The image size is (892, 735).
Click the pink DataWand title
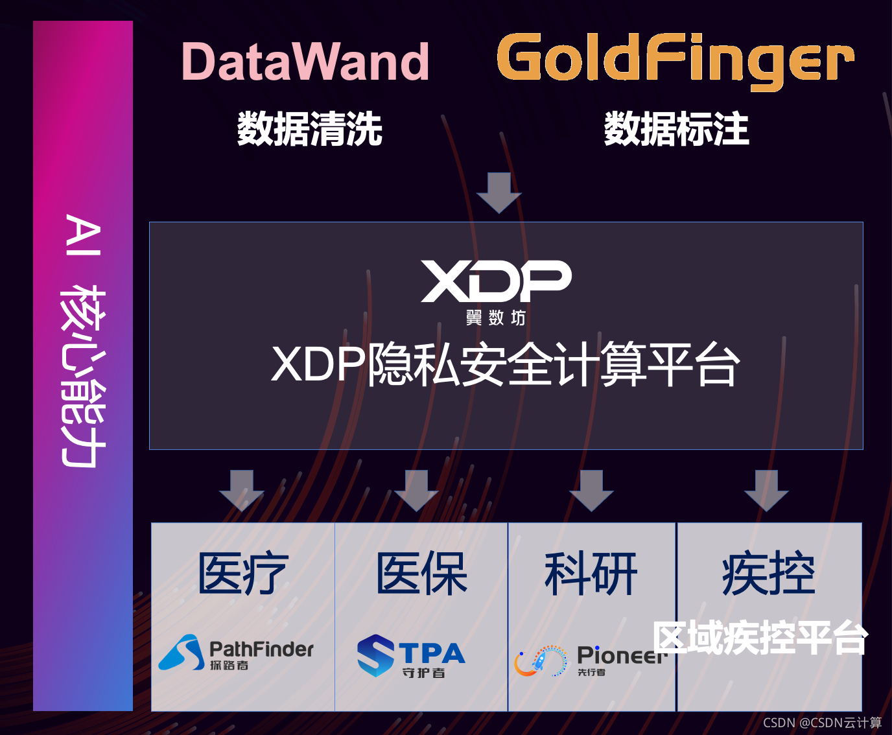tap(305, 62)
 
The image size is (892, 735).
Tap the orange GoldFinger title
tap(675, 60)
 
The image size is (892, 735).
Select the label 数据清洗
tap(310, 128)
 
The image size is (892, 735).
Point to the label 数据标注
tap(677, 128)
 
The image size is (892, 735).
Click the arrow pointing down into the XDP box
tap(499, 192)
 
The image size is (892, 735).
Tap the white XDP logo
tap(496, 281)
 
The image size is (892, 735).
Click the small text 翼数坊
tap(495, 318)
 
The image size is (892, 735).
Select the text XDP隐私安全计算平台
tap(506, 364)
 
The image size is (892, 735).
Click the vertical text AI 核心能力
tap(83, 340)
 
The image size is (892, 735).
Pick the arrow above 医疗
tap(242, 491)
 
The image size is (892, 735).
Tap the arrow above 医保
tap(417, 491)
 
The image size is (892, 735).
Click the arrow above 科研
tap(592, 491)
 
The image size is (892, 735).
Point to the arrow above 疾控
tap(766, 491)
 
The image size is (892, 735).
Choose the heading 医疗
tap(243, 573)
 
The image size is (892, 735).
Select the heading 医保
tap(421, 573)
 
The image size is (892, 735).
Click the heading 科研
tap(591, 573)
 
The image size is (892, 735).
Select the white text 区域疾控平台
tap(760, 638)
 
